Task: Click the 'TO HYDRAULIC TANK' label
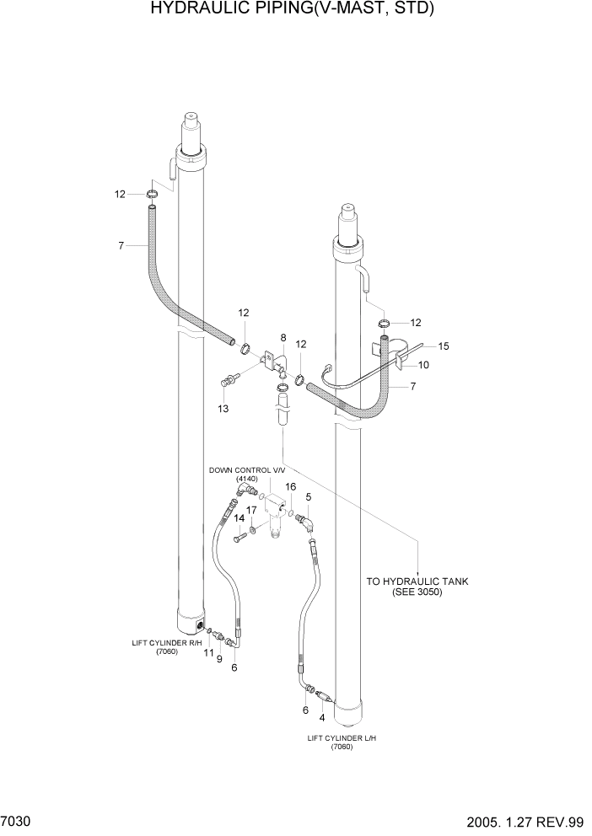click(417, 581)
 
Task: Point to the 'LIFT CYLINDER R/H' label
click(166, 642)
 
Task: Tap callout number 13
click(223, 409)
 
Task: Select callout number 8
click(283, 337)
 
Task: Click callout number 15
click(444, 346)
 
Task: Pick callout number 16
click(290, 486)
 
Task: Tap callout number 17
click(251, 510)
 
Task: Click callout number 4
click(321, 718)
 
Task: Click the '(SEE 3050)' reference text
click(417, 592)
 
